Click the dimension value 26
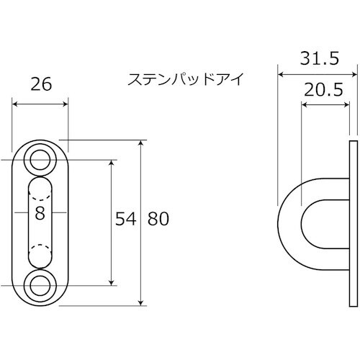[x=42, y=84]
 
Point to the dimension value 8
[x=40, y=213]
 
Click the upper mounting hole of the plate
[x=40, y=160]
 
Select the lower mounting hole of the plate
[x=40, y=286]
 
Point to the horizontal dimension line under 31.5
[x=317, y=73]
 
